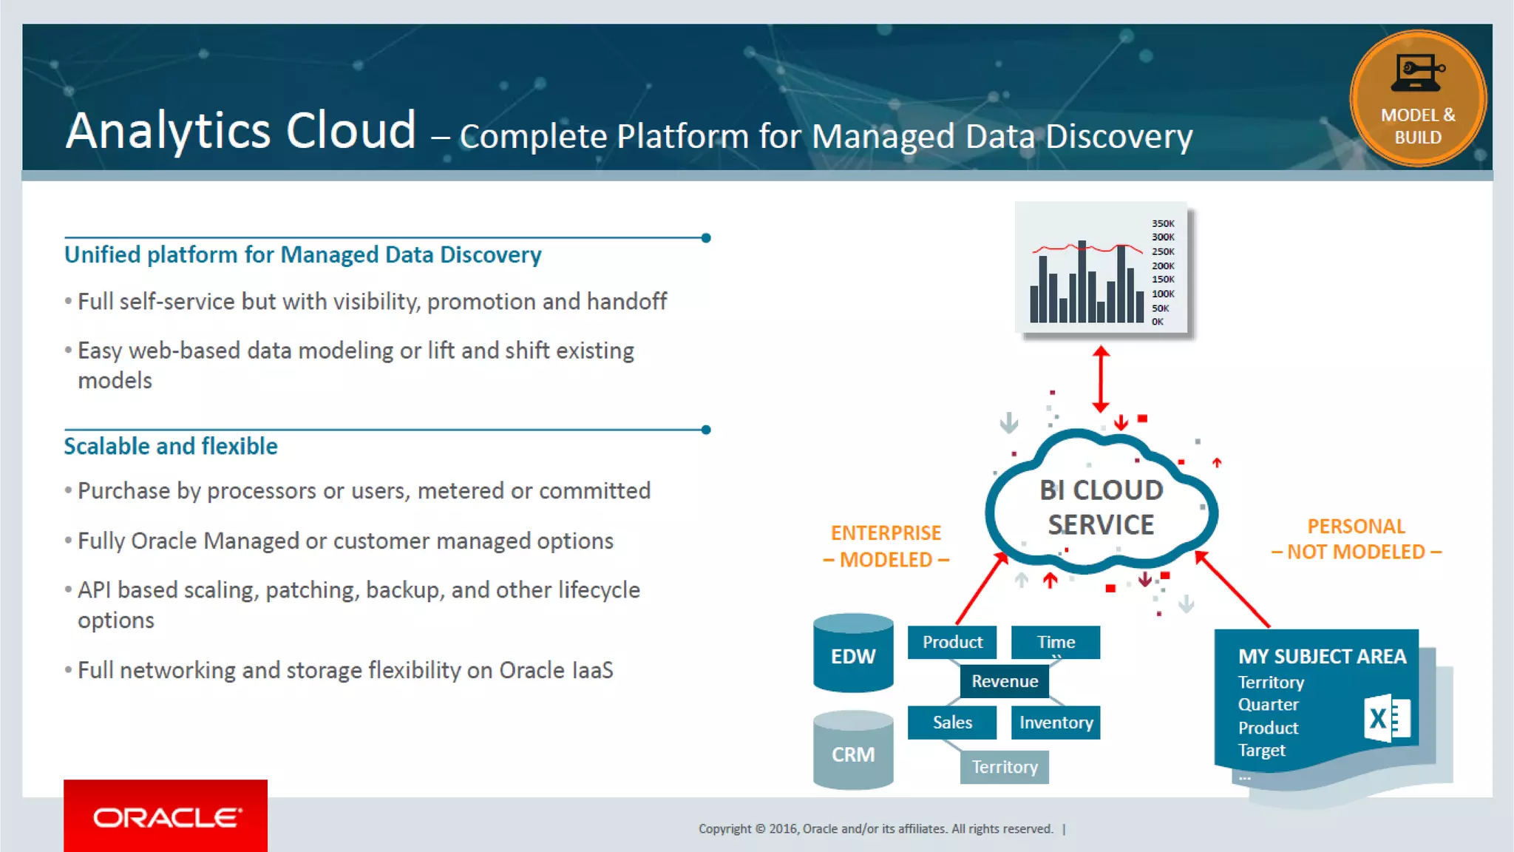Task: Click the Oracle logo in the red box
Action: coord(166,817)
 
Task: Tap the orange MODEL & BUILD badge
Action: coord(1417,98)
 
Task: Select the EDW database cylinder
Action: coord(853,655)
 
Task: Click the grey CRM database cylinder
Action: coord(853,753)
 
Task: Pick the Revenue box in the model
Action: coord(1004,681)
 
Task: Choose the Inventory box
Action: coord(1056,723)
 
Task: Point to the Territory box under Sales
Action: coord(1004,767)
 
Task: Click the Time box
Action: coord(1056,642)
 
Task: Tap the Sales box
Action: coord(952,723)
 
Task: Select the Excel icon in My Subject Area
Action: coord(1388,717)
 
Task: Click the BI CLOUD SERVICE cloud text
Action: coord(1101,507)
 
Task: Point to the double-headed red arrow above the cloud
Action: coord(1101,379)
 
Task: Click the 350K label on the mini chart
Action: coord(1163,223)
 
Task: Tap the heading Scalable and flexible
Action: coord(171,447)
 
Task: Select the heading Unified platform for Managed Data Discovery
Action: coord(303,255)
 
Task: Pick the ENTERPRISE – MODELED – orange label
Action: coord(886,547)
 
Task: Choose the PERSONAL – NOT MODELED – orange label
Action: coord(1357,539)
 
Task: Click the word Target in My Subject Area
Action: coord(1262,751)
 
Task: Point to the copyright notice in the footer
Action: coord(876,829)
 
